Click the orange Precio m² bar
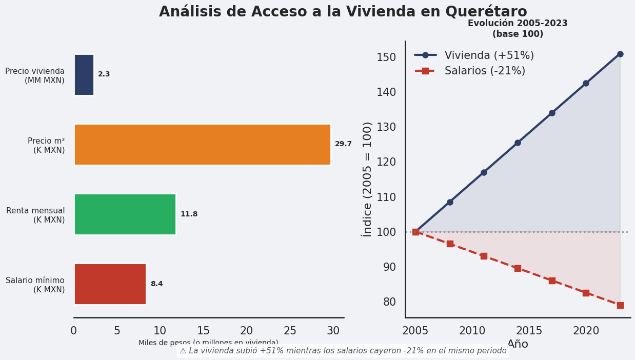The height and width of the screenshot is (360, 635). [202, 145]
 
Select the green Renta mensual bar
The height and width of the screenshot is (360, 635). [125, 214]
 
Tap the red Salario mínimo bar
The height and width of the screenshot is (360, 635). [110, 284]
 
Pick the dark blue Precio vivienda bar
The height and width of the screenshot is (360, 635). [84, 75]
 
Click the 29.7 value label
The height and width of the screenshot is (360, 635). [343, 144]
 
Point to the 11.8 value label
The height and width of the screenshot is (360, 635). [189, 214]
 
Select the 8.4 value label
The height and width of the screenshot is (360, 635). [156, 284]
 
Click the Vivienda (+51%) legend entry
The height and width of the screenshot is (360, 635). [489, 55]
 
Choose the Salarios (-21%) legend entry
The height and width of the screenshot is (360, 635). [485, 71]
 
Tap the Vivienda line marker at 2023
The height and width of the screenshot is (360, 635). [620, 54]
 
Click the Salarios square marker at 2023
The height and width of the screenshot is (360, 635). [620, 305]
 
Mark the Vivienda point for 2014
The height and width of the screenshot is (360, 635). [518, 143]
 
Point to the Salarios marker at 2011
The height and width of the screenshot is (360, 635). [484, 256]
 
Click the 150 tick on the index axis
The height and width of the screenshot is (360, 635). [386, 57]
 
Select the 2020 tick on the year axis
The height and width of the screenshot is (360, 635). [586, 331]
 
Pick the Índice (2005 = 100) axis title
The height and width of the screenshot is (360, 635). [367, 179]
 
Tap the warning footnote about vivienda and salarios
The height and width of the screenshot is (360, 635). [343, 351]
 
